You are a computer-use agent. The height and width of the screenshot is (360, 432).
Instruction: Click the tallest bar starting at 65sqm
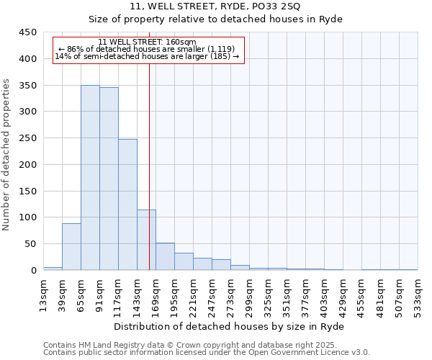pos(90,178)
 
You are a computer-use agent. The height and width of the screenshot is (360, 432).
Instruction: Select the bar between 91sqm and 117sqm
pos(109,179)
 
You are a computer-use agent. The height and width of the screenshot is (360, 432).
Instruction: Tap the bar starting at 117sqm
pos(127,204)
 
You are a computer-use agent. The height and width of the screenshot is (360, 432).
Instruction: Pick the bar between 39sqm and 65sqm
pos(71,247)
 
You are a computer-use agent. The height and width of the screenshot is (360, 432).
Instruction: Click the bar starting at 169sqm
pos(165,257)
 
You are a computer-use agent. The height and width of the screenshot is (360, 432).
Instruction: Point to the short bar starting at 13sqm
pos(53,269)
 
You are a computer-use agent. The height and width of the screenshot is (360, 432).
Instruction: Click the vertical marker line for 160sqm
pos(149,166)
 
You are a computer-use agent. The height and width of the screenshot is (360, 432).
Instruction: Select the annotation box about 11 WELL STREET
pos(149,50)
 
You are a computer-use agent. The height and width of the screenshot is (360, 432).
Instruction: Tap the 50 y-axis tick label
pos(30,244)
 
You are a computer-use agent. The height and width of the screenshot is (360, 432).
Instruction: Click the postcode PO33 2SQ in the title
pos(259,6)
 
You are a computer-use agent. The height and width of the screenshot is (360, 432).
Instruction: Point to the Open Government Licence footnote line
pos(207,353)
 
